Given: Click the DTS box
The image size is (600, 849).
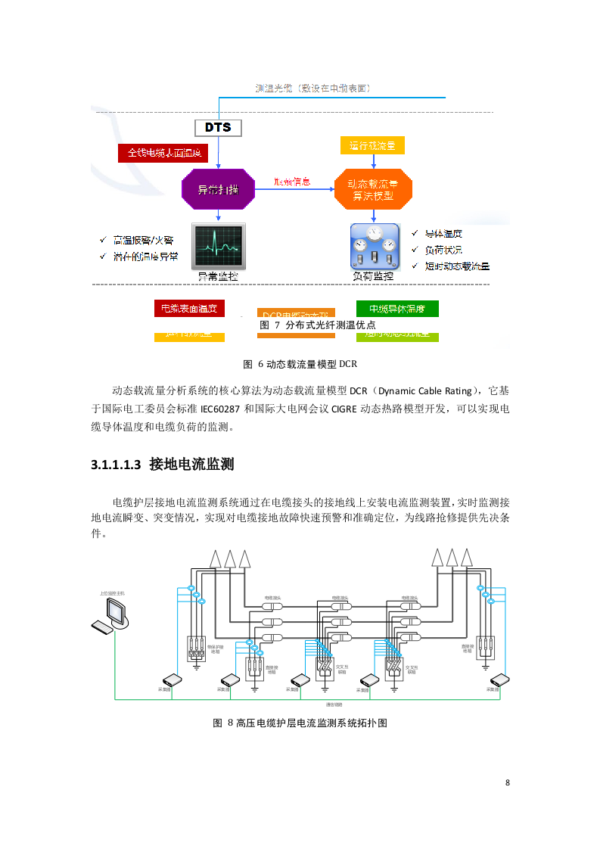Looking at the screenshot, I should pyautogui.click(x=218, y=127).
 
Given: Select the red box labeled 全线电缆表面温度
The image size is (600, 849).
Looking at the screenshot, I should pyautogui.click(x=163, y=153).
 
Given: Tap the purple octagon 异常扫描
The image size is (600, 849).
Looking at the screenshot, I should pyautogui.click(x=218, y=190).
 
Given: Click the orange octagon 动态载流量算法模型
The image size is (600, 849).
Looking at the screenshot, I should pyautogui.click(x=374, y=190).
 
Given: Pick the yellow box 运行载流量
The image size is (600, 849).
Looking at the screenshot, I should pyautogui.click(x=372, y=145).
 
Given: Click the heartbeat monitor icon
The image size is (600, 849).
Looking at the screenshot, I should pyautogui.click(x=218, y=246).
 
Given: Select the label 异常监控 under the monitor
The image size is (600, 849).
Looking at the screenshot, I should pyautogui.click(x=218, y=277).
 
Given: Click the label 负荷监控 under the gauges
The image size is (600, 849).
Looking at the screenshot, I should pyautogui.click(x=374, y=277).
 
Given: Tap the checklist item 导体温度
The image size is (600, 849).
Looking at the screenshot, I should pyautogui.click(x=443, y=234).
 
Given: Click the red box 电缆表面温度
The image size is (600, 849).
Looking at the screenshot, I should pyautogui.click(x=189, y=308).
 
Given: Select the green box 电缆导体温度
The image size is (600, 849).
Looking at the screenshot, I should pyautogui.click(x=397, y=309).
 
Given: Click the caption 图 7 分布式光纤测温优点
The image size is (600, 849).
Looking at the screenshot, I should pyautogui.click(x=318, y=325).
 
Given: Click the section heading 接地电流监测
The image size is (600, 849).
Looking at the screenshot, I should pyautogui.click(x=191, y=464).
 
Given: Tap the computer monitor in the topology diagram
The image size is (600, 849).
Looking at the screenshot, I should pyautogui.click(x=117, y=611).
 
